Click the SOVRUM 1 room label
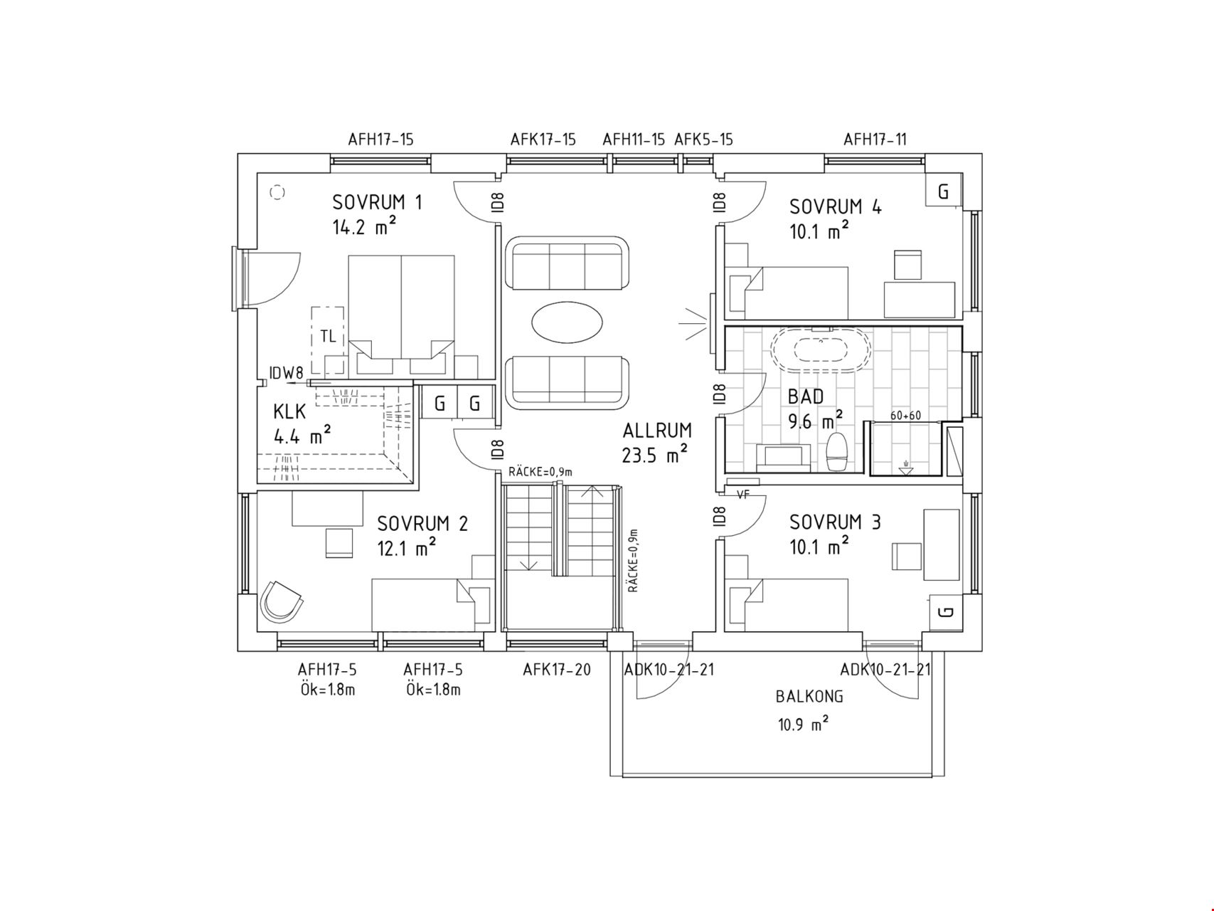(x=377, y=203)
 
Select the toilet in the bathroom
(x=837, y=452)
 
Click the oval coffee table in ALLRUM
(x=566, y=322)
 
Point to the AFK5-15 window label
(x=703, y=139)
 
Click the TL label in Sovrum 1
(x=328, y=337)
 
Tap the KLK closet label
(x=289, y=412)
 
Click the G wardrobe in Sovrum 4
(x=944, y=191)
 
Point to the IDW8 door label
(x=286, y=372)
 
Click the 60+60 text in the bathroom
(x=905, y=416)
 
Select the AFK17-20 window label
(x=557, y=670)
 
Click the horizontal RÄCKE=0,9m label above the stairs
(x=541, y=472)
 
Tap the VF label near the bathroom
(x=743, y=495)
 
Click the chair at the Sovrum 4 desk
(x=908, y=264)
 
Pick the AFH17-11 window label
(x=875, y=139)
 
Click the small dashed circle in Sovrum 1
(x=277, y=192)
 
